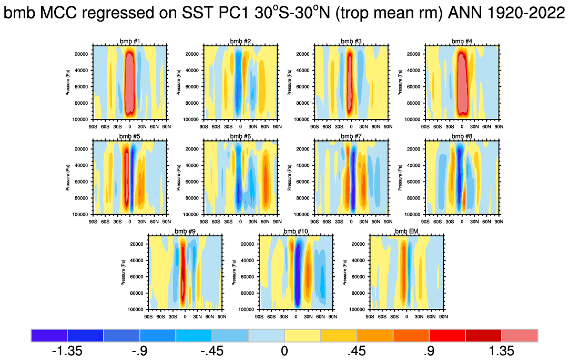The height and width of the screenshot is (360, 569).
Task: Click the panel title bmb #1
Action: click(x=130, y=41)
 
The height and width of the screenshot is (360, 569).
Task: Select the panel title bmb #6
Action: click(x=240, y=136)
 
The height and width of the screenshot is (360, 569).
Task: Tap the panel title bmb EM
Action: click(x=406, y=232)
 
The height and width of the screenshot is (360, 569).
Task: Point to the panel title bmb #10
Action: click(x=296, y=232)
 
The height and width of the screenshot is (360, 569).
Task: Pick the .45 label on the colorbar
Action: click(x=357, y=351)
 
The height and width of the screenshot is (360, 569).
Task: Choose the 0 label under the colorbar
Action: click(x=284, y=351)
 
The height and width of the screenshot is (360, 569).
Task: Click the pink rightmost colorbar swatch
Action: click(x=520, y=335)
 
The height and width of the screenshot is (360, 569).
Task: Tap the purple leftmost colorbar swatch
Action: click(x=49, y=335)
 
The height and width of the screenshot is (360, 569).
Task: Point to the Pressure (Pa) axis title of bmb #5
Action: click(x=68, y=177)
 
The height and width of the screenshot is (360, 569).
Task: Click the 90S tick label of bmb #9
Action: click(x=149, y=317)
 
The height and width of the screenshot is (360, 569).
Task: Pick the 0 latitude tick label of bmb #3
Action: click(x=351, y=127)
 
